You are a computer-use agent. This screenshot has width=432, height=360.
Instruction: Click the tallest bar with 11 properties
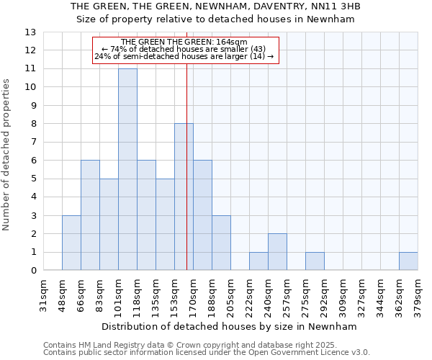click(127, 169)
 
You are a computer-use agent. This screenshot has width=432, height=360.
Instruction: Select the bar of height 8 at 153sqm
click(184, 197)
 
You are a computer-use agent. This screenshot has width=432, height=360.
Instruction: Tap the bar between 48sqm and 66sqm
click(71, 243)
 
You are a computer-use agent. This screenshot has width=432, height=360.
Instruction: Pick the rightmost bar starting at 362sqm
click(408, 261)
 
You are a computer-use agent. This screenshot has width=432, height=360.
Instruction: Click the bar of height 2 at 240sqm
click(277, 252)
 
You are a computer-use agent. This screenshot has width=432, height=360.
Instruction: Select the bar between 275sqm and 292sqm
click(315, 261)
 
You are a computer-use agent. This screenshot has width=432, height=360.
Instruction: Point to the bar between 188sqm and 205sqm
click(221, 243)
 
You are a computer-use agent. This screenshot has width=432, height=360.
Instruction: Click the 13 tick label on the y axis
click(30, 32)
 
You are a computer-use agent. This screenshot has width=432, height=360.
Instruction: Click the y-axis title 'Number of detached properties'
click(6, 156)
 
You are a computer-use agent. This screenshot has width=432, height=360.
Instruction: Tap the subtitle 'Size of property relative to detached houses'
click(216, 19)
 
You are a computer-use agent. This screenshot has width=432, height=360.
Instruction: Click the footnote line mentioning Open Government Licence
click(207, 353)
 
